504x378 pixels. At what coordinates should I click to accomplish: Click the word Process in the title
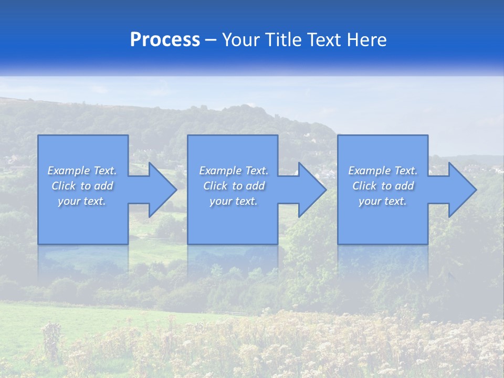(x=165, y=40)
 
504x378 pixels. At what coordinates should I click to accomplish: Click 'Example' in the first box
(x=69, y=171)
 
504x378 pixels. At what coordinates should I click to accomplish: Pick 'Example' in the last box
(x=370, y=171)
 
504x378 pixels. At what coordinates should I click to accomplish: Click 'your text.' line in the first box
(x=82, y=201)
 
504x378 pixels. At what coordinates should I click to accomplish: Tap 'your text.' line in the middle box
(x=233, y=201)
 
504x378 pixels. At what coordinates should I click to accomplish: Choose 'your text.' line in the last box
(x=383, y=201)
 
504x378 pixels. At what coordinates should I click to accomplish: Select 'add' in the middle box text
(x=255, y=186)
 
